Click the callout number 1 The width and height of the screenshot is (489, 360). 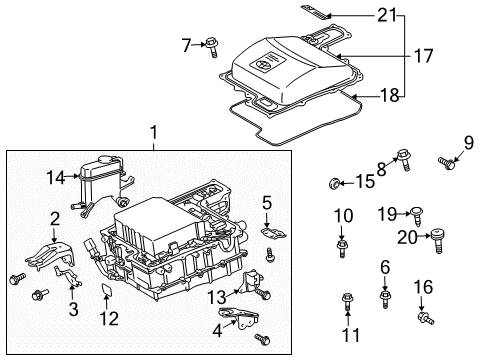153,132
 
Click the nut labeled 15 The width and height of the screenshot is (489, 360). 335,182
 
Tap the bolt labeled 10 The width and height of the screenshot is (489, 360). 342,244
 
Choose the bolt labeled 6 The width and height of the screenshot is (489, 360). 385,296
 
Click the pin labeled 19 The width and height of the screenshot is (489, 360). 414,212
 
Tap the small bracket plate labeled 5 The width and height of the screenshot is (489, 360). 269,232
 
